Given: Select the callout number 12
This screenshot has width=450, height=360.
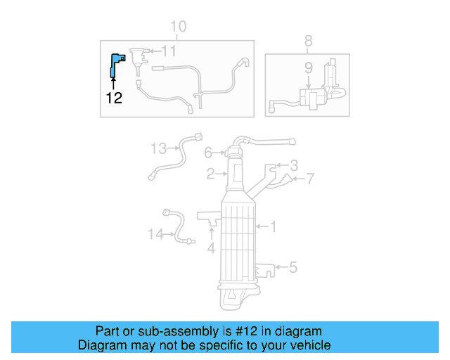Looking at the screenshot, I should [x=114, y=98].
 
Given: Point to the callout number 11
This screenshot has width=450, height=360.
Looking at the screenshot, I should [x=169, y=51].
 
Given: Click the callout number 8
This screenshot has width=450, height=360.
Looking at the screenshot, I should [x=308, y=41].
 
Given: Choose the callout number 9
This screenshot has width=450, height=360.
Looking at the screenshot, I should [x=308, y=67].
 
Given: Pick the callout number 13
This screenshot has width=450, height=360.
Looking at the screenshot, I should [x=158, y=148].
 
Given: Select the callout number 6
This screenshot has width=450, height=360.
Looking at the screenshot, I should [x=208, y=153].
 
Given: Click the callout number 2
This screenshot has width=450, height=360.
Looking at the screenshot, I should [x=210, y=173].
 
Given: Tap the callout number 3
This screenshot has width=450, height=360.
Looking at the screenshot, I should [x=294, y=165].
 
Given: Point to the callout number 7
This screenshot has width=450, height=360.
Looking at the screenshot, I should [x=310, y=180].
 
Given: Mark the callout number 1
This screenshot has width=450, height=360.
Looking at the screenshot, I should [x=274, y=226].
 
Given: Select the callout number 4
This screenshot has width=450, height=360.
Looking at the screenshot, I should [x=211, y=247].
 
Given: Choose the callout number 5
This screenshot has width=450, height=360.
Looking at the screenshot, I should [x=293, y=266].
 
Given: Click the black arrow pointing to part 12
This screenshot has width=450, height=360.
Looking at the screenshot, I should [x=114, y=84].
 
